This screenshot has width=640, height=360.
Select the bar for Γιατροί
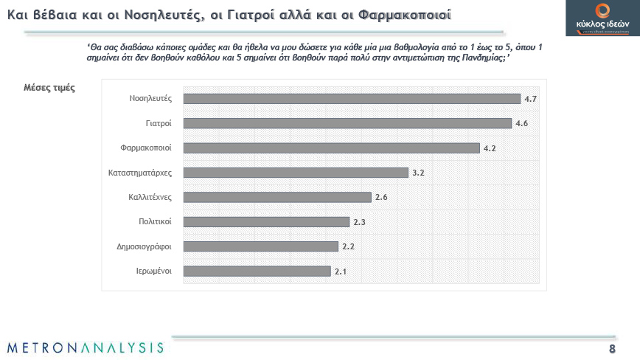pyautogui.click(x=347, y=123)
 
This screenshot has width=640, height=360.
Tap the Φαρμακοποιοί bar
pyautogui.click(x=331, y=148)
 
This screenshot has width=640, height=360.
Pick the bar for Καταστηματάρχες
pyautogui.click(x=295, y=173)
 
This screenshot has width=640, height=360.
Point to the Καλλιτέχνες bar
pyautogui.click(x=276, y=197)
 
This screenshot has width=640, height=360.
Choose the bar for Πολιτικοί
pyautogui.click(x=265, y=221)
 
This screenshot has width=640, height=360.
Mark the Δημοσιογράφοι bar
pyautogui.click(x=260, y=246)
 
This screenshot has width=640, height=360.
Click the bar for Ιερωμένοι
pyautogui.click(x=257, y=271)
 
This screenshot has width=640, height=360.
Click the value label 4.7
pyautogui.click(x=530, y=99)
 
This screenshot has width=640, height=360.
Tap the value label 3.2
pyautogui.click(x=418, y=173)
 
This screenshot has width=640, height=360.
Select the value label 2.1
pyautogui.click(x=341, y=271)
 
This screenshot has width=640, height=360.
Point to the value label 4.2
pyautogui.click(x=490, y=148)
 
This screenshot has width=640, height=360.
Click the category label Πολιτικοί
pyautogui.click(x=155, y=221)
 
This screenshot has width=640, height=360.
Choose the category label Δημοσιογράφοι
pyautogui.click(x=144, y=246)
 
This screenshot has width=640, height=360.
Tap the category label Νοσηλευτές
pyautogui.click(x=150, y=99)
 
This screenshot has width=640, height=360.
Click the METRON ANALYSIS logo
pyautogui.click(x=85, y=347)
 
